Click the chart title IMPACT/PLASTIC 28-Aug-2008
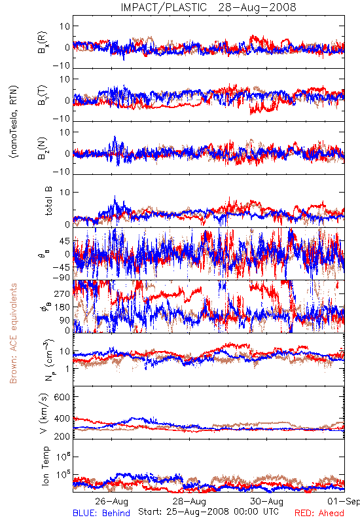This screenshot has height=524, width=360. click(x=208, y=7)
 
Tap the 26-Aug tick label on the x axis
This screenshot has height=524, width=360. click(x=111, y=501)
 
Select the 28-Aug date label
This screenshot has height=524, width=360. click(x=189, y=501)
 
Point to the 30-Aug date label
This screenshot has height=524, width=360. click(x=267, y=501)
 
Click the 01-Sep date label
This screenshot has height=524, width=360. click(x=344, y=501)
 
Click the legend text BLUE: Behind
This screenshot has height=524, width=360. click(x=101, y=513)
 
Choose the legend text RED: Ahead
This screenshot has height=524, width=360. click(x=319, y=513)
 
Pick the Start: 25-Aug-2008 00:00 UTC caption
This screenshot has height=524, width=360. click(x=208, y=512)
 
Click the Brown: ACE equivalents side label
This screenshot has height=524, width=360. click(x=13, y=333)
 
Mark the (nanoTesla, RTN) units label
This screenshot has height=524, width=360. click(x=14, y=122)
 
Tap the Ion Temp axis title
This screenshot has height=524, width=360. click(x=45, y=466)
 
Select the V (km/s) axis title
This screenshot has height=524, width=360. click(x=44, y=413)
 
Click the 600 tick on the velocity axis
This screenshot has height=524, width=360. click(x=62, y=397)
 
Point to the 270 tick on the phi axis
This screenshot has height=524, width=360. click(x=62, y=293)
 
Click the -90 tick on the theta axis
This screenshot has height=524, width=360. click(x=61, y=277)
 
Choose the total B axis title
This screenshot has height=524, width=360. click(x=48, y=201)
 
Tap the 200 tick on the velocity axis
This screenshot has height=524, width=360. click(x=62, y=436)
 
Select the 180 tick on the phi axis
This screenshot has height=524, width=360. click(x=62, y=307)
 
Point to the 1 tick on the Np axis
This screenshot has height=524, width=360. click(x=68, y=369)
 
